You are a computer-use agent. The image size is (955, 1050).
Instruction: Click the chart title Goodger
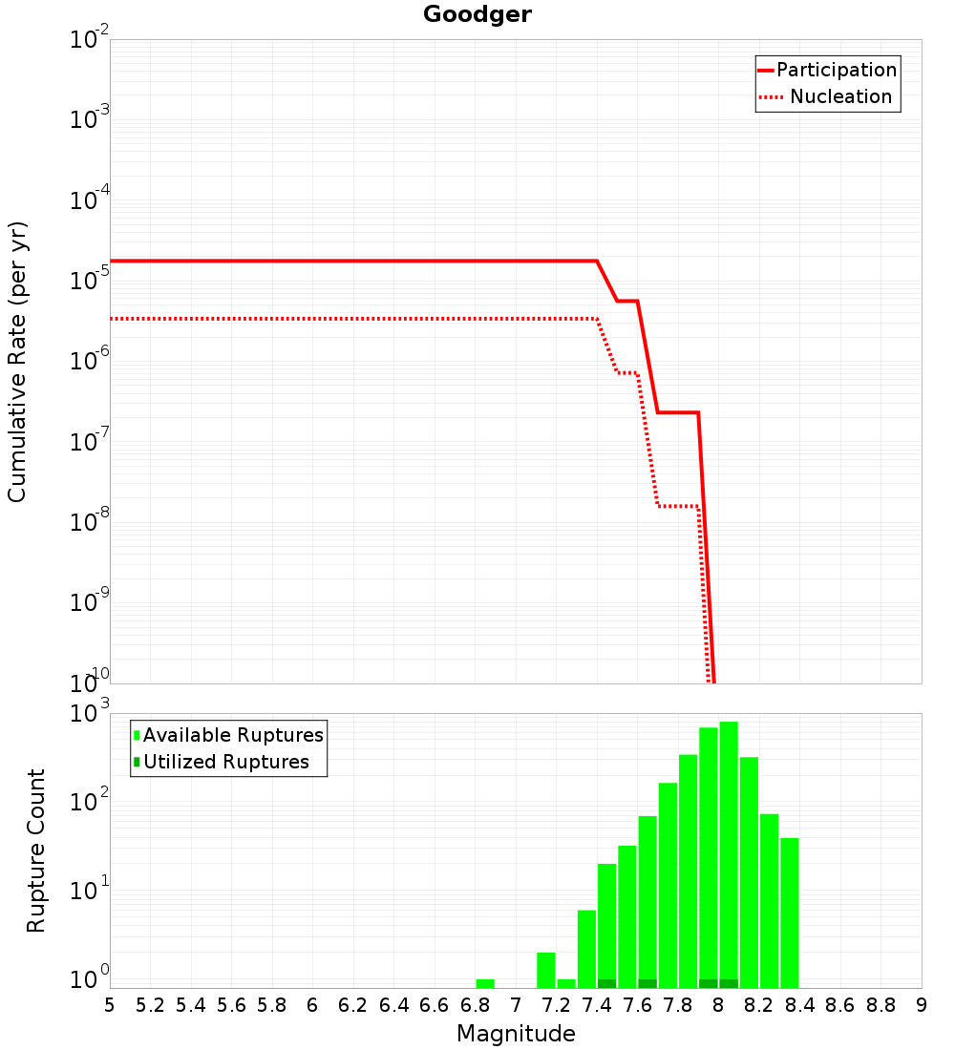coord(477,14)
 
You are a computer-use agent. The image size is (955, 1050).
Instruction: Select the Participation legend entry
coord(828,70)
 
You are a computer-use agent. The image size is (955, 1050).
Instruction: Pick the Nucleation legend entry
coord(826,96)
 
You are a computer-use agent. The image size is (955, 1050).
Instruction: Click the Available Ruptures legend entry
coord(228,735)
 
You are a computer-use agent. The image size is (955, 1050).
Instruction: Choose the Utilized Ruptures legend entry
coord(222,762)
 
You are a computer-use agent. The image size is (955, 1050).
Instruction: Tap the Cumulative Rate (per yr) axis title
coord(17,362)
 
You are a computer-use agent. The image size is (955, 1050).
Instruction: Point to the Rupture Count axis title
coord(35,850)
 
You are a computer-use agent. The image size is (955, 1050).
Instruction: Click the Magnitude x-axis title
coord(516,1034)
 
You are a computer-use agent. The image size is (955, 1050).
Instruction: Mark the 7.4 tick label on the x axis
coord(597,1005)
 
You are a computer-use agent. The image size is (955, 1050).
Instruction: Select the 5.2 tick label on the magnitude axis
coord(150,1005)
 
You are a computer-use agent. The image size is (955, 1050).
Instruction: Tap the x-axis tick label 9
coord(922,1005)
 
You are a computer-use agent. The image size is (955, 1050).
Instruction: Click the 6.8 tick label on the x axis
coord(476,1005)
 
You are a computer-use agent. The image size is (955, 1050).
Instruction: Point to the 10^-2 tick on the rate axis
coord(89,37)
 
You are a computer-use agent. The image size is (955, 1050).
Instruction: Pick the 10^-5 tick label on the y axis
coord(89,280)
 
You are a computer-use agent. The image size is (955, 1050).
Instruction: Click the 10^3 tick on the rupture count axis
coord(89,712)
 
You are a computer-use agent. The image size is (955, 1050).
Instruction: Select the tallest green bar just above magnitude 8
coord(729,855)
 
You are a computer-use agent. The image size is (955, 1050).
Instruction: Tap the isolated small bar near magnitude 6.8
coord(485,984)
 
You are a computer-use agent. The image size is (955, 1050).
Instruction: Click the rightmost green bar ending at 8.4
coord(790,913)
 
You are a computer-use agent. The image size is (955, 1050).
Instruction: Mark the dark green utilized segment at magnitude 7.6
coord(647,984)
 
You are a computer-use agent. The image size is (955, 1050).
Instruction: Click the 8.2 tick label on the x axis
coord(758,1005)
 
